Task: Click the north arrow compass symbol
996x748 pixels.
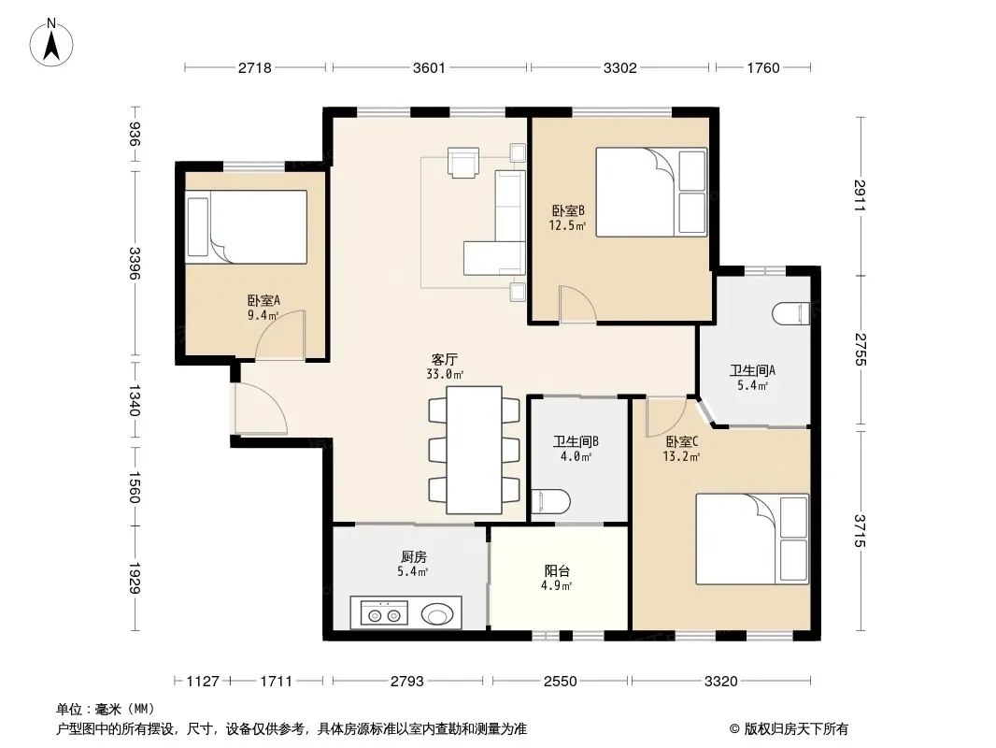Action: pos(51,43)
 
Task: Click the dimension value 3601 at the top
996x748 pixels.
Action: pos(429,67)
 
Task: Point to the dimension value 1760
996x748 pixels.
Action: pos(762,67)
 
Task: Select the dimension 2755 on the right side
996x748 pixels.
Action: pos(861,350)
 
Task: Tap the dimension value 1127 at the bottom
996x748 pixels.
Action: pos(203,682)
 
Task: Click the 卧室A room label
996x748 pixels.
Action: pos(263,300)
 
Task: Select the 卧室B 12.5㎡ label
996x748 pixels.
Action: pos(567,217)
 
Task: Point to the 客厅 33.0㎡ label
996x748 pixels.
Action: pos(445,367)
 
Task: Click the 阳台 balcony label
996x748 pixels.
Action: pos(557,570)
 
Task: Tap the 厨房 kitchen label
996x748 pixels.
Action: pos(414,556)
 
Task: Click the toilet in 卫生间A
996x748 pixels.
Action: pos(791,314)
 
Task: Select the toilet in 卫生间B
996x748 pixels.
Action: pos(550,501)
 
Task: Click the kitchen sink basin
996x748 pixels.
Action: pos(437,614)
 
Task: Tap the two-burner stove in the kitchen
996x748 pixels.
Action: pos(384,613)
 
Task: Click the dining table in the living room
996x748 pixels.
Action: pos(474,450)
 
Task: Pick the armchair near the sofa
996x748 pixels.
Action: pos(463,162)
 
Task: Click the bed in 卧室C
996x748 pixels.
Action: pos(753,539)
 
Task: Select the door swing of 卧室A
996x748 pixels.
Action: pos(280,335)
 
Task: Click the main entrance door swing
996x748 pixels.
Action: pos(261,409)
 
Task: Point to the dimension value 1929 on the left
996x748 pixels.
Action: pos(134,578)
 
